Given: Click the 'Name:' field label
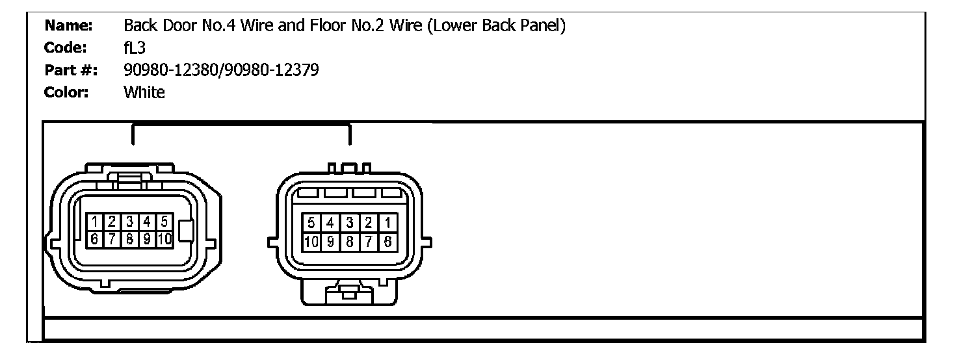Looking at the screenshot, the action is (x=68, y=26).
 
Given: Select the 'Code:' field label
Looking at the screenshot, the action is (x=66, y=48).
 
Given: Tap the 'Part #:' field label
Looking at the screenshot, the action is (x=70, y=70).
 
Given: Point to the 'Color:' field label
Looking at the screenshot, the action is (x=66, y=92).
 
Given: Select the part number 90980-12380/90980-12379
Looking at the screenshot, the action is (x=221, y=70).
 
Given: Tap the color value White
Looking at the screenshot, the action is (x=144, y=92).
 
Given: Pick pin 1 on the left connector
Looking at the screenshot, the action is (x=95, y=222).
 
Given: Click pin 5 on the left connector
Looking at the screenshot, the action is (x=164, y=222).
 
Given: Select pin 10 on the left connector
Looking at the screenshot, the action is (x=165, y=239).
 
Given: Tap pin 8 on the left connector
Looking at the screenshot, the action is (x=129, y=239).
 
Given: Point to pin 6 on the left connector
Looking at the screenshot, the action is (x=95, y=239).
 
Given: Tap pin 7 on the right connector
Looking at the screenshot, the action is (x=369, y=242).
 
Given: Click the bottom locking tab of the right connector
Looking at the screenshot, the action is (x=349, y=292).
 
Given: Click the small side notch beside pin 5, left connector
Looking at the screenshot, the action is (x=187, y=230).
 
